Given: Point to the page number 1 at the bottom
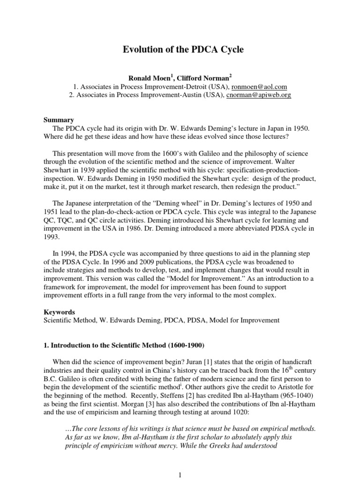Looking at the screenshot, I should click(180, 474).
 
